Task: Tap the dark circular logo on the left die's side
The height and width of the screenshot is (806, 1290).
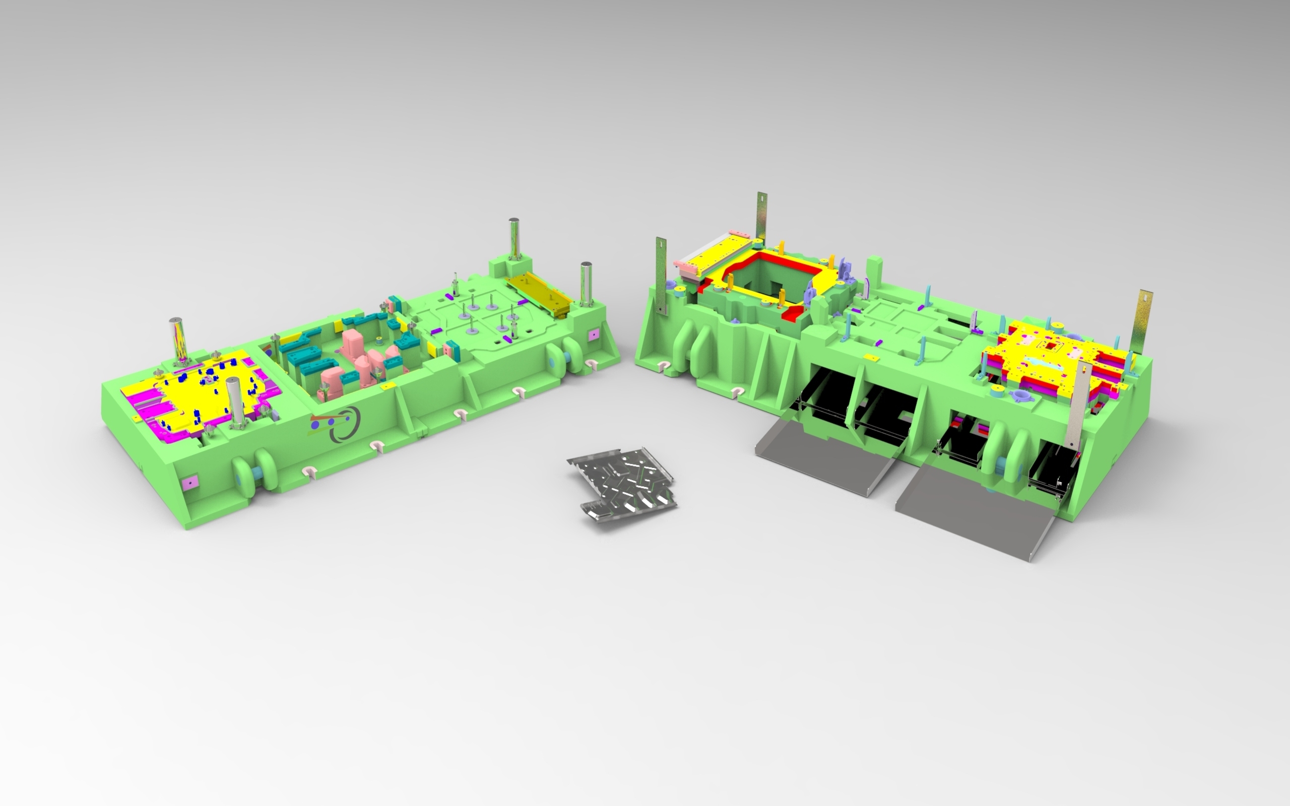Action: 344,424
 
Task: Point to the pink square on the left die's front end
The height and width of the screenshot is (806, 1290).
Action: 189,482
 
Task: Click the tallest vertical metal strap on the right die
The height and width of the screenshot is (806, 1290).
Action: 762,219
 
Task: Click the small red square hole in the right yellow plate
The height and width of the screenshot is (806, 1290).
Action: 1050,346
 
